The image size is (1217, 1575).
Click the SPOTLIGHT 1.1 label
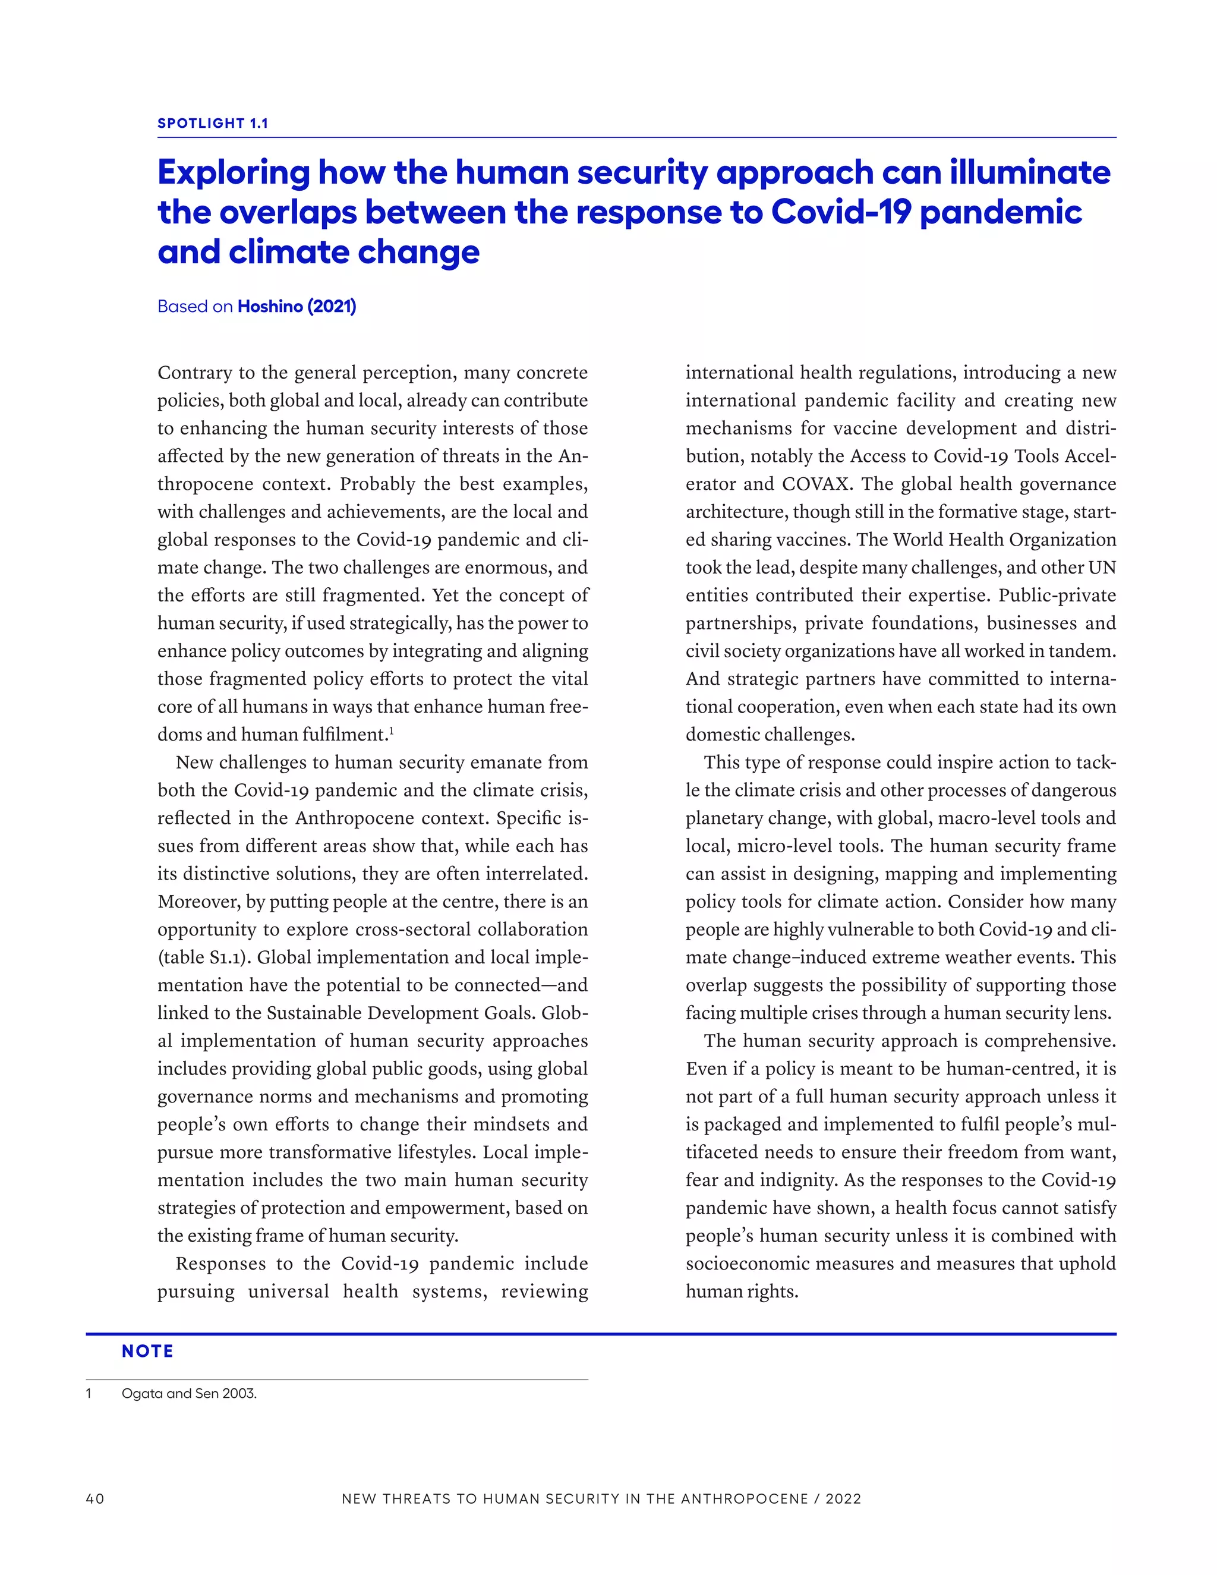pyautogui.click(x=213, y=123)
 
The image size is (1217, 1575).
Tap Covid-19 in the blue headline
pyautogui.click(x=841, y=213)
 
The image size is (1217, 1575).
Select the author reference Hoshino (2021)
pyautogui.click(x=297, y=307)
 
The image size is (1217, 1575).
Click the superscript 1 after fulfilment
pyautogui.click(x=392, y=731)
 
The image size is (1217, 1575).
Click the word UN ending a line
pyautogui.click(x=1102, y=568)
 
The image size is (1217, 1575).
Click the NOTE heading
pyautogui.click(x=147, y=1352)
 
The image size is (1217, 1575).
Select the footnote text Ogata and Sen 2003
pyautogui.click(x=189, y=1394)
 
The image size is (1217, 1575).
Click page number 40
pyautogui.click(x=95, y=1498)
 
